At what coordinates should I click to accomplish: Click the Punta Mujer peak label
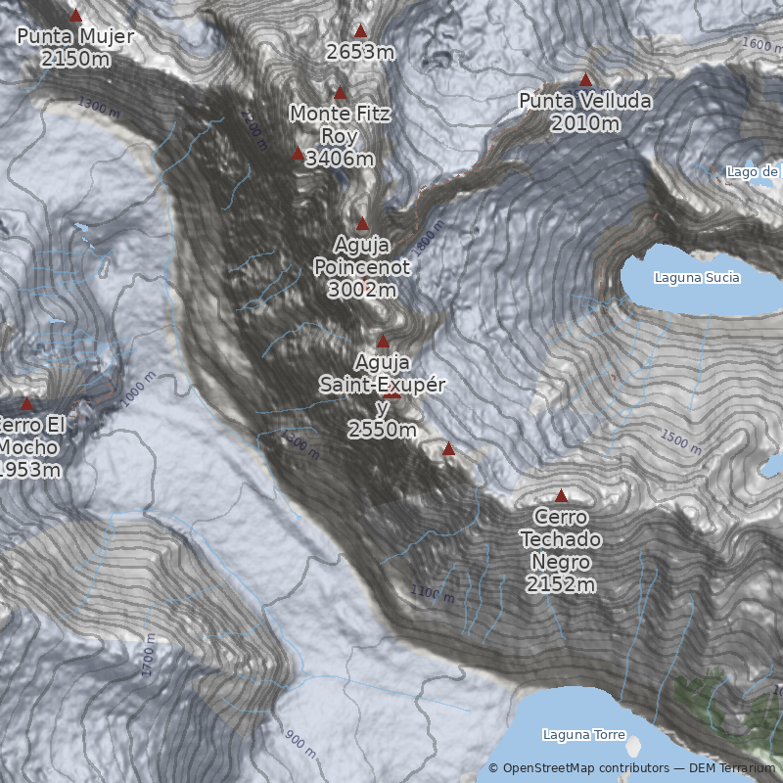(75, 37)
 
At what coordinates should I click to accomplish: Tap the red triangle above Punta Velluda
(585, 79)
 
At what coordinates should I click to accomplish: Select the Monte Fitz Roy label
(340, 125)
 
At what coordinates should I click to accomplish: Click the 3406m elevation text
(340, 159)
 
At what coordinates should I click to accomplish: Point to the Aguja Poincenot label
(361, 253)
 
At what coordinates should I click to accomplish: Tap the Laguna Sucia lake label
(697, 278)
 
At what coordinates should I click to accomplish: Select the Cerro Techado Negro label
(561, 539)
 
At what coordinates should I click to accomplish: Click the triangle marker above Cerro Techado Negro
(561, 496)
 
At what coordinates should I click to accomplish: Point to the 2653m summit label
(360, 52)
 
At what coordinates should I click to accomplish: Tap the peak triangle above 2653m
(360, 30)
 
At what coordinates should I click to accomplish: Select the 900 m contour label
(301, 744)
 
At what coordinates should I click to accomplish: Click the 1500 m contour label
(680, 442)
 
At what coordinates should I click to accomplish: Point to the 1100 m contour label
(432, 593)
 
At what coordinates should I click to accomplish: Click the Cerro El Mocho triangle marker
(26, 404)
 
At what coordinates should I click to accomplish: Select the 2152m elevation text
(561, 585)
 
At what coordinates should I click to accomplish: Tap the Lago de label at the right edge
(753, 172)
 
